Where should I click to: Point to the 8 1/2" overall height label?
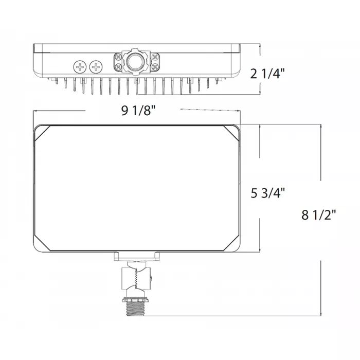coord(319,214)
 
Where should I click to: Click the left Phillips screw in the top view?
coord(80,66)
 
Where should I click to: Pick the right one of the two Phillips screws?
coord(96,66)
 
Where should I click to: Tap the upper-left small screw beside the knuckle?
coord(119,56)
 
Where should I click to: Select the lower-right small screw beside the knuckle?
coord(153,67)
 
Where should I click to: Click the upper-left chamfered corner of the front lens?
coord(40,132)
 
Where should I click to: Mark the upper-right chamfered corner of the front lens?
coord(237,132)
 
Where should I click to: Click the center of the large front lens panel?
coord(137,188)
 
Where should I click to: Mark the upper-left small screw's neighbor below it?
coord(119,67)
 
